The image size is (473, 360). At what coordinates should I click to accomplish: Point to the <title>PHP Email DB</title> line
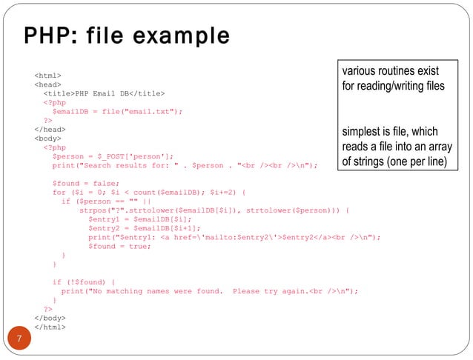coord(104,93)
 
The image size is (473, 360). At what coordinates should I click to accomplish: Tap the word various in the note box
coord(359,71)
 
